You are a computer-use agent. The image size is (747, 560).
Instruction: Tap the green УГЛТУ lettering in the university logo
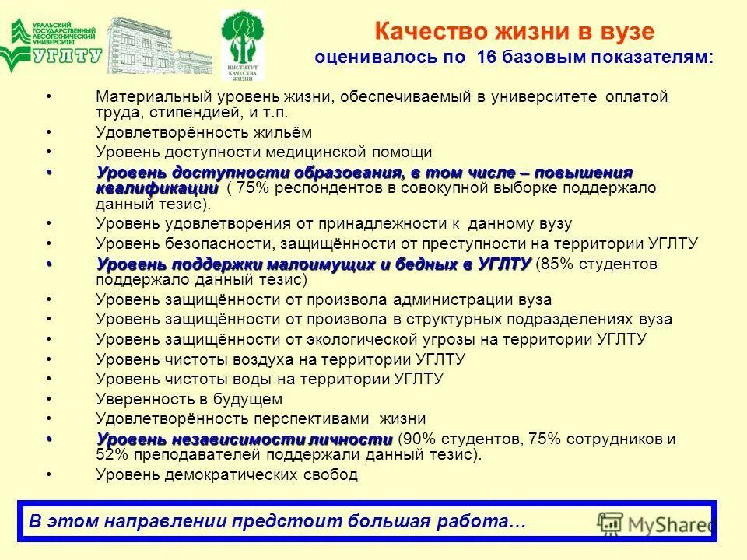(x=68, y=56)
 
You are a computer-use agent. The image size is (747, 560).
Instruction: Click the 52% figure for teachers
(x=112, y=455)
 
